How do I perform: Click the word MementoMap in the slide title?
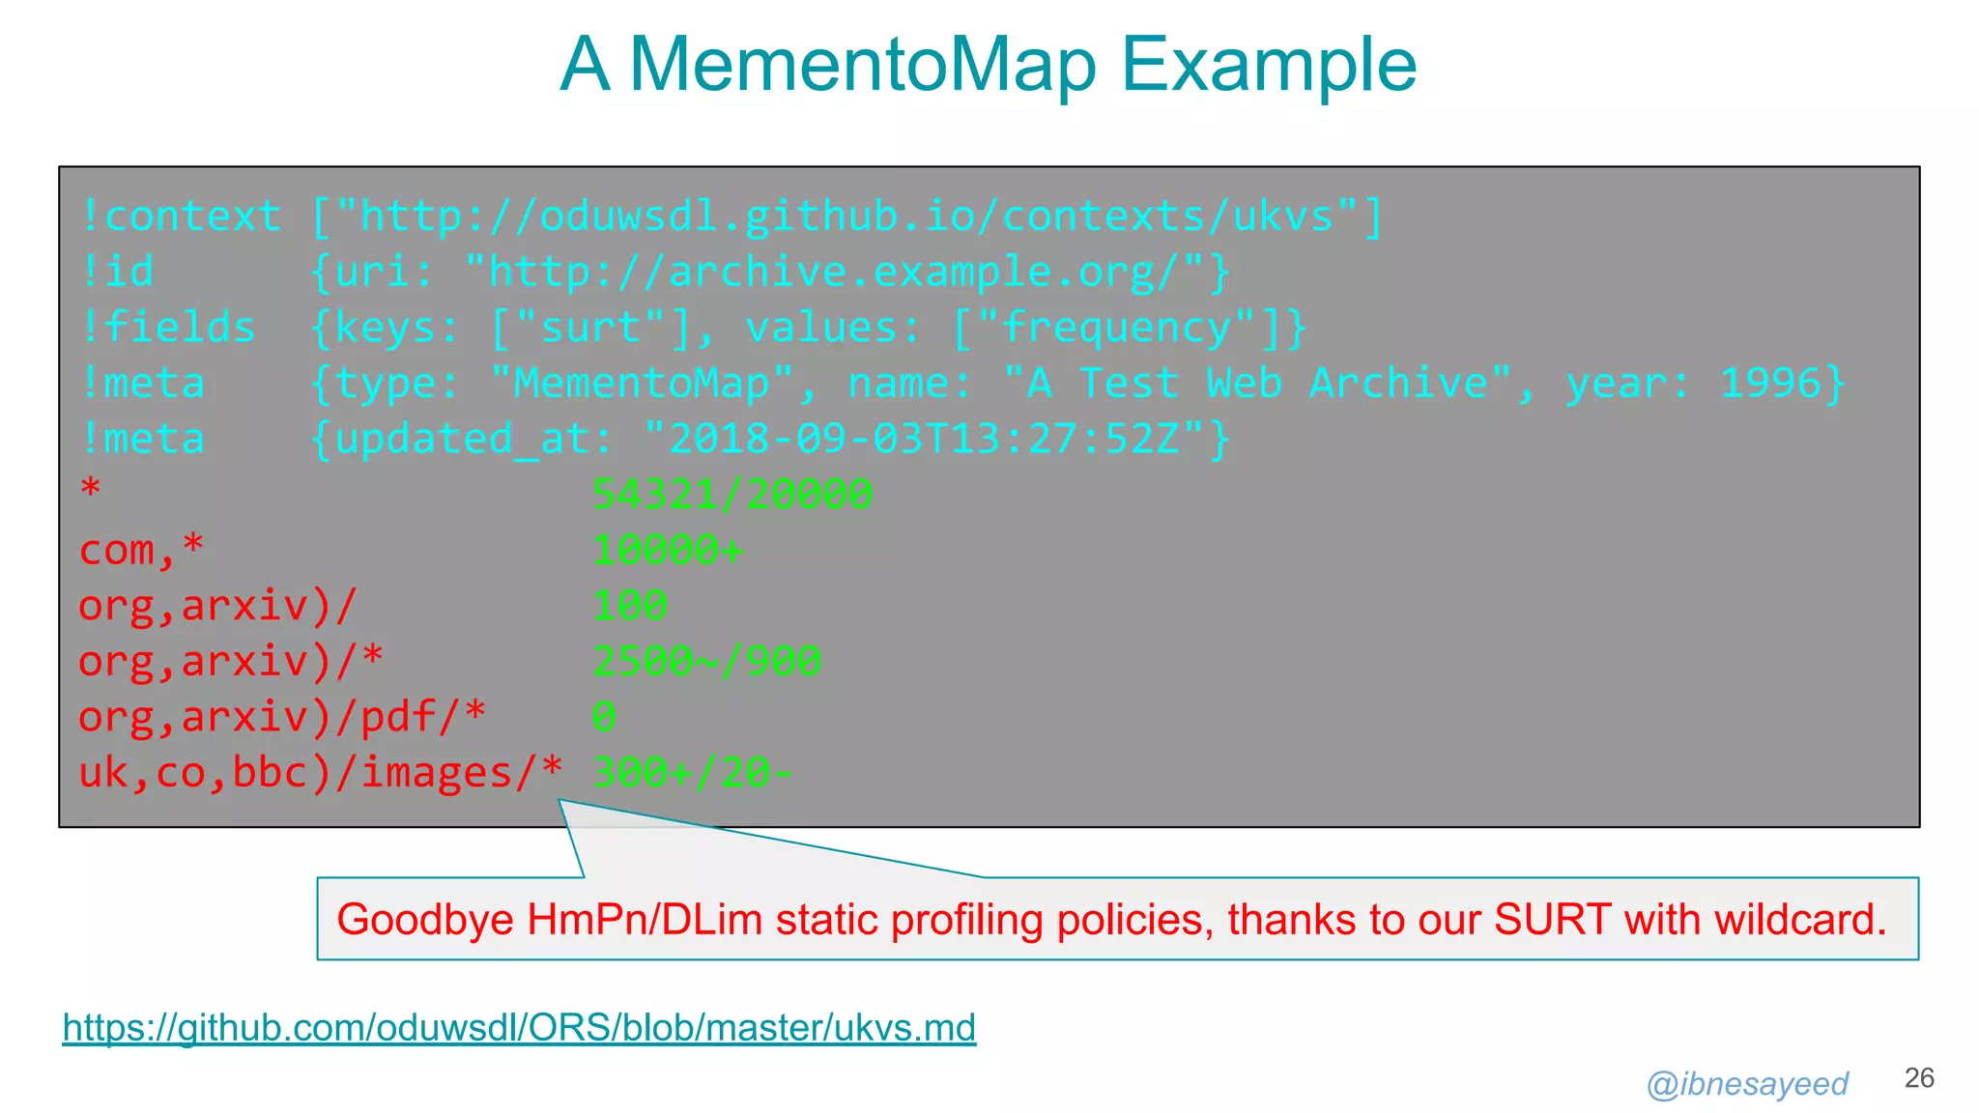click(863, 65)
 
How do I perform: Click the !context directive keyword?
click(181, 215)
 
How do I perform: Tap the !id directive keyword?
click(117, 271)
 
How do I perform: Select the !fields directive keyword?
click(168, 328)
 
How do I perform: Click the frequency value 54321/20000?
click(732, 495)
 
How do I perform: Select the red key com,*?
click(141, 550)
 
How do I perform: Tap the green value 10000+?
click(668, 550)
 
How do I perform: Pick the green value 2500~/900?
click(706, 662)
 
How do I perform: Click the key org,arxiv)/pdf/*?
click(282, 717)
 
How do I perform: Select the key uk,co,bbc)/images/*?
click(320, 773)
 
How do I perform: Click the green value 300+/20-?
click(692, 773)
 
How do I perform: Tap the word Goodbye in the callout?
click(424, 919)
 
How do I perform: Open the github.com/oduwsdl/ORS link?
click(519, 1027)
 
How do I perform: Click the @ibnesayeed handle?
click(1747, 1084)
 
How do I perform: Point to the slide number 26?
click(1919, 1078)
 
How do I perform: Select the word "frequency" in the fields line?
click(1116, 328)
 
